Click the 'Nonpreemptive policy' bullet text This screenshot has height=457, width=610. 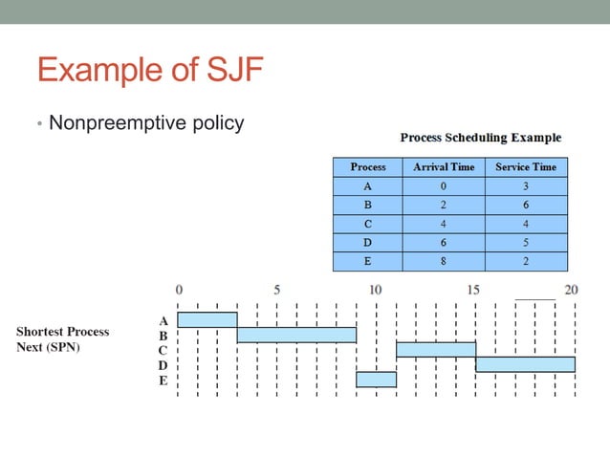coord(145,123)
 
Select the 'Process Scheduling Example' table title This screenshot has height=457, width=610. coord(480,138)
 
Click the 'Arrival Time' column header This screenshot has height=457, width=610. coord(443,166)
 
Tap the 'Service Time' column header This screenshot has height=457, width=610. coord(525,166)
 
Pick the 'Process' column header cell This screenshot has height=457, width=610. coord(368,166)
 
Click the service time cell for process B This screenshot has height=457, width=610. coord(525,205)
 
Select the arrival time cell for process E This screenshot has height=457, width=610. coord(443,259)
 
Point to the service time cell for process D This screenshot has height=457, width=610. coord(525,241)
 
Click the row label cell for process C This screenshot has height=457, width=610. coord(368,223)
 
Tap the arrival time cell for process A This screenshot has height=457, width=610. coord(443,186)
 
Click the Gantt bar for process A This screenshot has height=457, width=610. coord(207,319)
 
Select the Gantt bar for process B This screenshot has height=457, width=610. coord(296,335)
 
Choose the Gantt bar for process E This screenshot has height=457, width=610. coord(376,380)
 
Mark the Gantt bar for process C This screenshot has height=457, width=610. coord(435,350)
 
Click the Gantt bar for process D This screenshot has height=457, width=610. coord(525,364)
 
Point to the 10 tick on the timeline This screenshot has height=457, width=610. coord(375,289)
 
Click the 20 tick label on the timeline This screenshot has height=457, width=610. coord(571,289)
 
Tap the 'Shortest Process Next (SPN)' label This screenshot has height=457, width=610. coord(63,339)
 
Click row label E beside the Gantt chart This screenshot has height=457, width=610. coord(163,381)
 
